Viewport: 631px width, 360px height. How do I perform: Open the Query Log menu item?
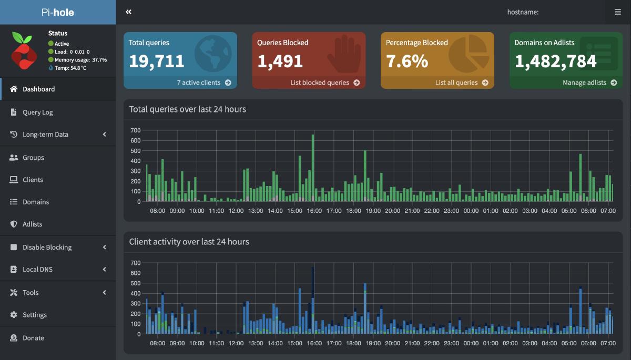(x=38, y=112)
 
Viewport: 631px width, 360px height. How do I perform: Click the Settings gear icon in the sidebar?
(x=14, y=315)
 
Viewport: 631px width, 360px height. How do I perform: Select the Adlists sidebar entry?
(x=32, y=224)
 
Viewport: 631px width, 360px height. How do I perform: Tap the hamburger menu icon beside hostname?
(x=617, y=12)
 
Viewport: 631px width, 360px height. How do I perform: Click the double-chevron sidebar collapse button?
(x=128, y=12)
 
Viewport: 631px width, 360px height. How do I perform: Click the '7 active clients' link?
(x=204, y=83)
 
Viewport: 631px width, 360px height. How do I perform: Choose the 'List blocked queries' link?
(x=325, y=83)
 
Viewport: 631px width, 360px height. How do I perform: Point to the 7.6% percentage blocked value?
(x=407, y=61)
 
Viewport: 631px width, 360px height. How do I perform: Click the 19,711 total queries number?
(x=157, y=61)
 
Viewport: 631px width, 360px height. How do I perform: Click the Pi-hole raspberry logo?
(x=24, y=50)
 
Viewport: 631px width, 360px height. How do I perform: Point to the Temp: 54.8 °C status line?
(x=70, y=68)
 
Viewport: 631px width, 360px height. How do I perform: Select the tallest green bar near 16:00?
(x=313, y=168)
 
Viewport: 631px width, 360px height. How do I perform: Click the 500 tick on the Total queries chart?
(x=136, y=151)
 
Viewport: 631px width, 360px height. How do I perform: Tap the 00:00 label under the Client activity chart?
(x=471, y=343)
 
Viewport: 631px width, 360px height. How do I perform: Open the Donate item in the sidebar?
(x=33, y=338)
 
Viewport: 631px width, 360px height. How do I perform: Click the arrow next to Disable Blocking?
(x=105, y=247)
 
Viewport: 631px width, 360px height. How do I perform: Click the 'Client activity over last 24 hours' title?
(x=189, y=242)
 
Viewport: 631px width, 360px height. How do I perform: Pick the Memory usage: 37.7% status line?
(x=80, y=60)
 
